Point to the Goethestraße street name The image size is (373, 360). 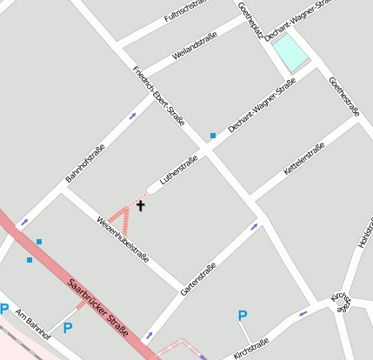343,96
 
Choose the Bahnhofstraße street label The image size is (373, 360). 85,163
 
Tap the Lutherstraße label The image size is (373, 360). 178,171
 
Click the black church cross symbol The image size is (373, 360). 140,206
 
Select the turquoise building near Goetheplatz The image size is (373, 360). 290,55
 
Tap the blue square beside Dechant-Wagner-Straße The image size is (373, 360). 212,135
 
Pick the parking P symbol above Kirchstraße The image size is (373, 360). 243,316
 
